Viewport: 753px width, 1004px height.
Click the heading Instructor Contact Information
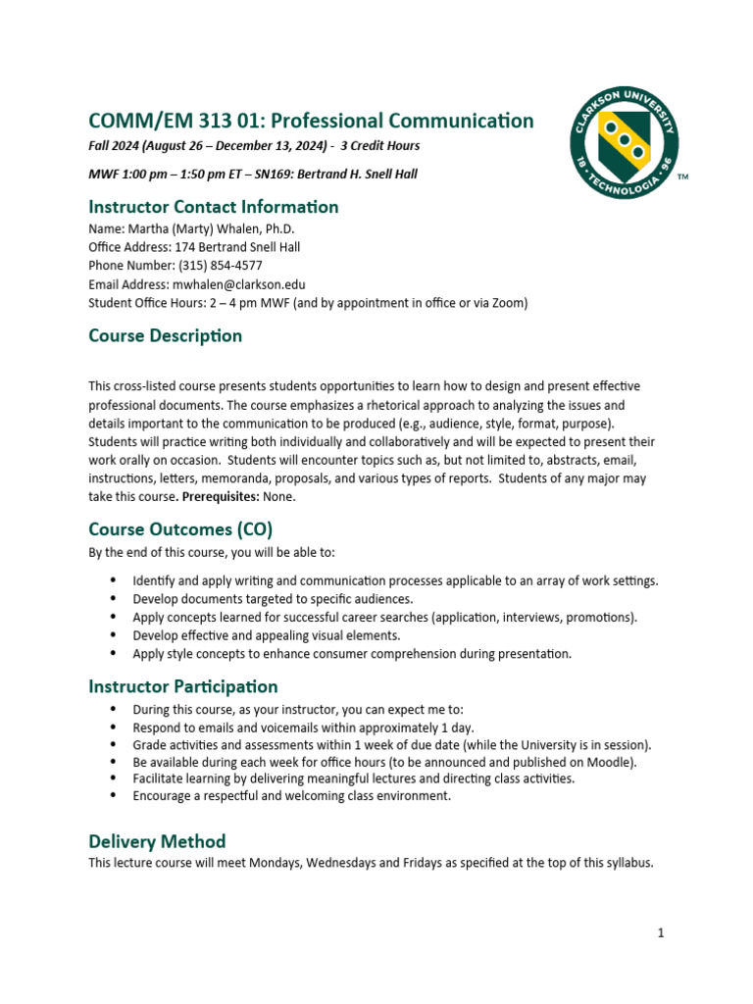coord(213,207)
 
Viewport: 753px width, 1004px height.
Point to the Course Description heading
coord(165,335)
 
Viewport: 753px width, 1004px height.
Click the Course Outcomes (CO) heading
coord(180,529)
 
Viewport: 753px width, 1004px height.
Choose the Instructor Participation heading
coord(182,686)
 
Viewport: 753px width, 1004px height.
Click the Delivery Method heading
coord(157,841)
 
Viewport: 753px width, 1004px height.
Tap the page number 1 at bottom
coord(661,932)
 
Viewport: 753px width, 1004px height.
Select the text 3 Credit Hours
coord(379,146)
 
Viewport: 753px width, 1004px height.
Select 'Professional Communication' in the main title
coord(402,121)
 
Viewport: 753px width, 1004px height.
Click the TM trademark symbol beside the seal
coord(683,178)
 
